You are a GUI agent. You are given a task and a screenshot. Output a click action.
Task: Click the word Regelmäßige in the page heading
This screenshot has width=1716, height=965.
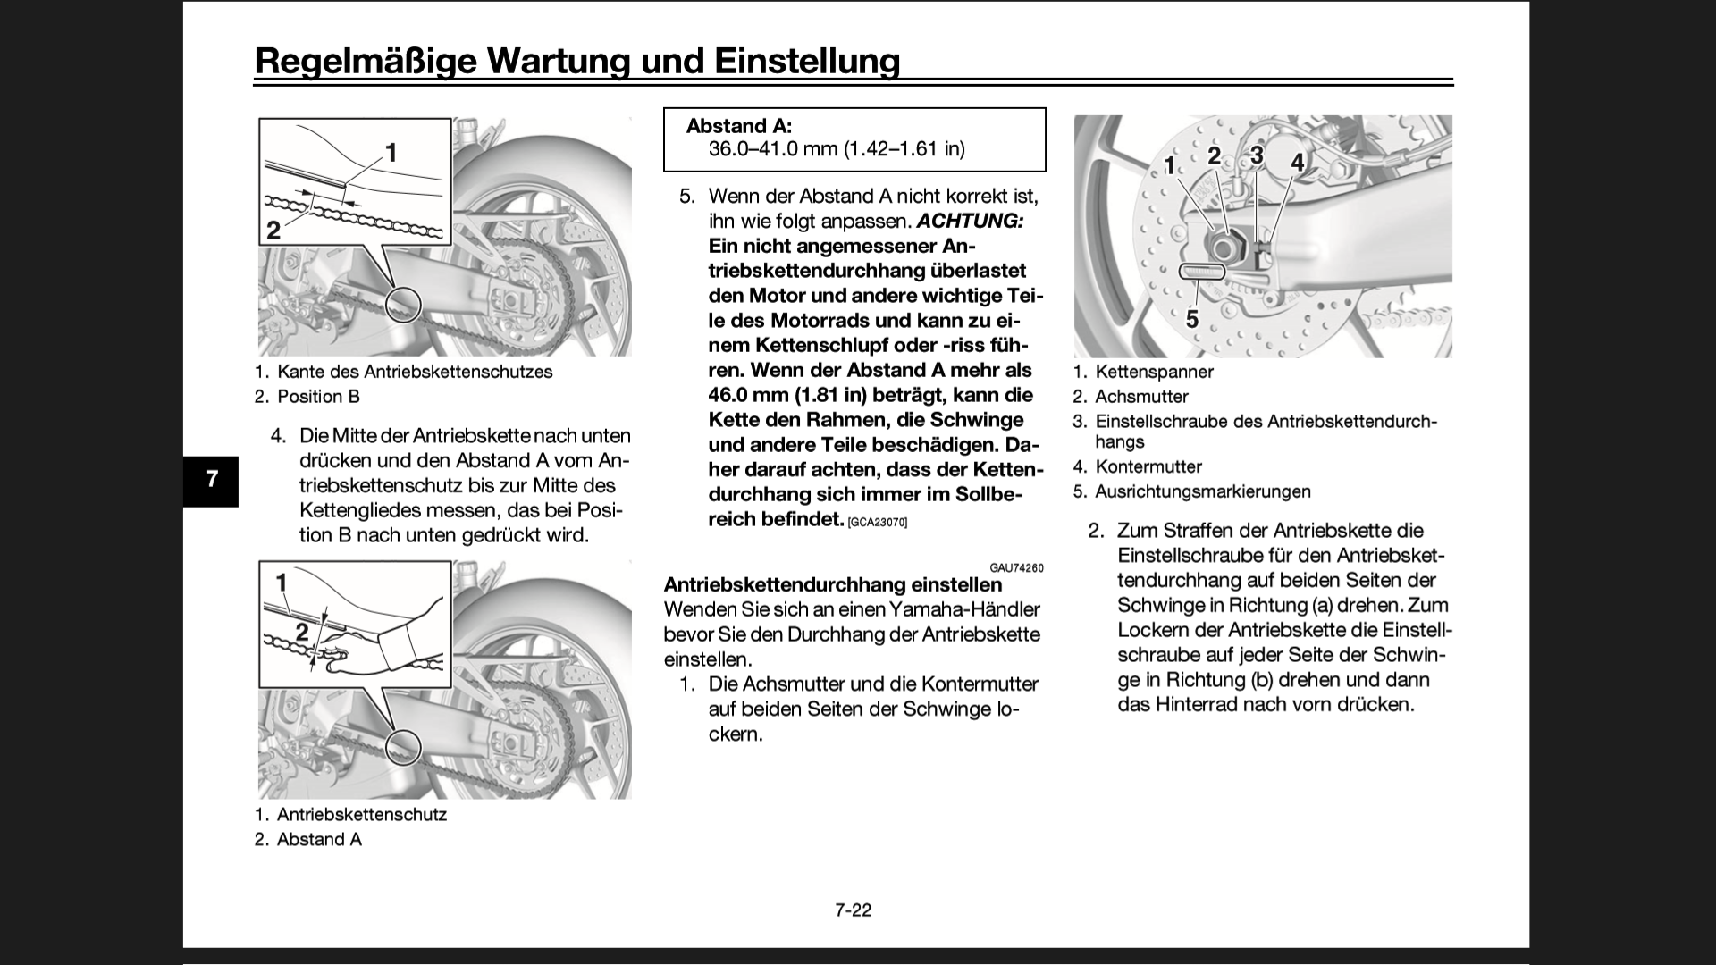pyautogui.click(x=366, y=61)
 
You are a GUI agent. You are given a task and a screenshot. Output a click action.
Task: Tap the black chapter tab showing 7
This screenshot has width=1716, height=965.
pyautogui.click(x=211, y=480)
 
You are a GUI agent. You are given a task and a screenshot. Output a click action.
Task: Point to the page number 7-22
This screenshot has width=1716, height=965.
pyautogui.click(x=853, y=910)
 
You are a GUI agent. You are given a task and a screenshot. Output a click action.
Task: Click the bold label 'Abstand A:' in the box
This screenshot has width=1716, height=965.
pyautogui.click(x=738, y=127)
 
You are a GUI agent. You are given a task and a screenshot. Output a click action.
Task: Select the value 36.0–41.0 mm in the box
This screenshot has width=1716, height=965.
pyautogui.click(x=773, y=148)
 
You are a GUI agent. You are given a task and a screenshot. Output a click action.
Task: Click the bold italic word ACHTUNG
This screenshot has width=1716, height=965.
pyautogui.click(x=970, y=221)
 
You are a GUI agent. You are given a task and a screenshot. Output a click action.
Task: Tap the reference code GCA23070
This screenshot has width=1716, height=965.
pyautogui.click(x=877, y=522)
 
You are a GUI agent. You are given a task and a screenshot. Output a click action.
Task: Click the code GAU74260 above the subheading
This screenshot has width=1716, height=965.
pyautogui.click(x=1016, y=568)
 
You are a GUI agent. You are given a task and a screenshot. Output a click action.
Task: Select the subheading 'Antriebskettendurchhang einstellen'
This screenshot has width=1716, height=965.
pyautogui.click(x=832, y=584)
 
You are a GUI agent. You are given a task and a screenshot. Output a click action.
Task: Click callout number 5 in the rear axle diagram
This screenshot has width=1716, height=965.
pyautogui.click(x=1191, y=318)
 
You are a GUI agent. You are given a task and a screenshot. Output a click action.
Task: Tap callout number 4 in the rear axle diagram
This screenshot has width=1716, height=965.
pyautogui.click(x=1298, y=163)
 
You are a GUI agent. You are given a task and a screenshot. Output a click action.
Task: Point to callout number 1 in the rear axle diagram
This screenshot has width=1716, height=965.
pyautogui.click(x=1169, y=165)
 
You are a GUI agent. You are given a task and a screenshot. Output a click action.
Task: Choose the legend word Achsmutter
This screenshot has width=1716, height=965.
pyautogui.click(x=1141, y=397)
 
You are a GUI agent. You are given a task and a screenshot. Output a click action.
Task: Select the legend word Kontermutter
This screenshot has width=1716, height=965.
pyautogui.click(x=1148, y=466)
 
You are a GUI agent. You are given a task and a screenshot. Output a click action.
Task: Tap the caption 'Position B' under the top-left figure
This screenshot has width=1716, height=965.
pyautogui.click(x=318, y=397)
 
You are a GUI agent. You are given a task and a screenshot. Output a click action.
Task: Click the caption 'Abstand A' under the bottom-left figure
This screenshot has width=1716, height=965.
pyautogui.click(x=319, y=840)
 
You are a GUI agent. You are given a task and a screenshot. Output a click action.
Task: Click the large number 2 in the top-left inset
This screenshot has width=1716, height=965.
pyautogui.click(x=273, y=230)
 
